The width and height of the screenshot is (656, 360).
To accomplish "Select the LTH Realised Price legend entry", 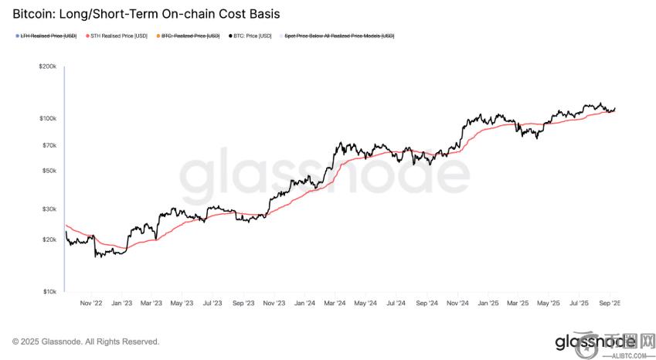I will (47, 36).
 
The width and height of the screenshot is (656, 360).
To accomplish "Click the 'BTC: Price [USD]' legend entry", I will (251, 36).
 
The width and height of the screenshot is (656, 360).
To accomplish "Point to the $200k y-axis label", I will (47, 67).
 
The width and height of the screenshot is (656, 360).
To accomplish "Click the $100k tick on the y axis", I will (47, 118).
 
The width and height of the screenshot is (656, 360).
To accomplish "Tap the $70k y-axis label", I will (49, 145).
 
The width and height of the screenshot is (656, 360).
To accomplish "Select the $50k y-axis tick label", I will (49, 171).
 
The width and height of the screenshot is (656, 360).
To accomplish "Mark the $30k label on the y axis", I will (49, 209).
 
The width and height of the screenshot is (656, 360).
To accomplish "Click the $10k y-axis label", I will (49, 291).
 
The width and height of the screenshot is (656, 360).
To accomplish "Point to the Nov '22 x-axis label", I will (90, 304).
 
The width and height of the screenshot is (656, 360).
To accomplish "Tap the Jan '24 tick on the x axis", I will (304, 304).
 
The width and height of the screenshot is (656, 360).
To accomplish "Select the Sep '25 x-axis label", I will (610, 304).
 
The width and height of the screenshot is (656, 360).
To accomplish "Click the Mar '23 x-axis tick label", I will (151, 304).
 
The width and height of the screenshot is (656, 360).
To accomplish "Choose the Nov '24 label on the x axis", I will (457, 304).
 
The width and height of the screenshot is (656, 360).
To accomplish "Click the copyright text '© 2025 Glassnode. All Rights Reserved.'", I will (86, 341).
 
